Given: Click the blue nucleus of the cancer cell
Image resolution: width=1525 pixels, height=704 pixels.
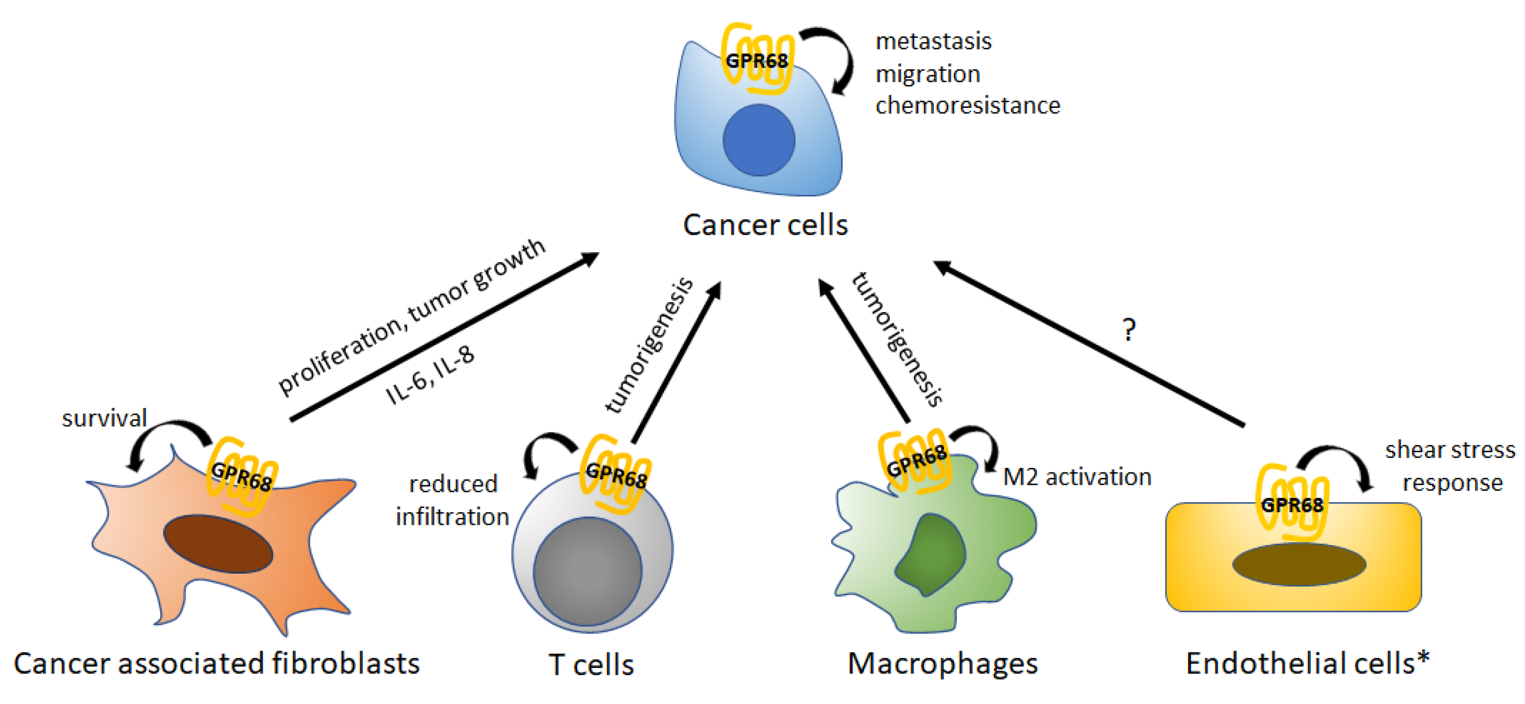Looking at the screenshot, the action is (758, 140).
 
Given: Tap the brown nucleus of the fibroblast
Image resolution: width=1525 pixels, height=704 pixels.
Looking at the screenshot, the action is (218, 544).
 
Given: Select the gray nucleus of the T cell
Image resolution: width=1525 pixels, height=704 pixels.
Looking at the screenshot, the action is (587, 571).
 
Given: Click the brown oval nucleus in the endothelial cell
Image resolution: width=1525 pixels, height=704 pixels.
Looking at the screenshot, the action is (1299, 564).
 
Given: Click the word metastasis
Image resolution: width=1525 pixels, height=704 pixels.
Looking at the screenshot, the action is (933, 41).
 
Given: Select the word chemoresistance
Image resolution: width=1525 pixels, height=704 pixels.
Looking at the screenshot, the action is (968, 105).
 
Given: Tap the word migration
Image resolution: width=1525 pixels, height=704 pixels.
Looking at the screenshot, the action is (927, 74).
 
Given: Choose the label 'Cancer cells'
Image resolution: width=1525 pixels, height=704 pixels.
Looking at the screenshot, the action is (765, 225).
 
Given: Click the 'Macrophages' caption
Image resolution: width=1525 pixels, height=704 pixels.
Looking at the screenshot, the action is (942, 664).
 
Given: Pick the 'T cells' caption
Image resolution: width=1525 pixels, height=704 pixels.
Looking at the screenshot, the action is (591, 665).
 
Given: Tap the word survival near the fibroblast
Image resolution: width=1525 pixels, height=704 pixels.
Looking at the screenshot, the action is (104, 418).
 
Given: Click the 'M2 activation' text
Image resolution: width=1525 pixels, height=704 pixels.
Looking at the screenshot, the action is (1077, 477).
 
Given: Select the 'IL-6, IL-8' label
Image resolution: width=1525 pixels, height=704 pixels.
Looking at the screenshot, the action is (430, 375).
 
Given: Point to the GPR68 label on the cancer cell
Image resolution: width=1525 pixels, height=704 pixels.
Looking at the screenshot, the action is (757, 60).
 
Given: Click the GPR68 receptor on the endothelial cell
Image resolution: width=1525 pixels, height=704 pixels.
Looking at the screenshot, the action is (1292, 503).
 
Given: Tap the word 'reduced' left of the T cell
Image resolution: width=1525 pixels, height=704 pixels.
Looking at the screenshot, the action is (453, 484).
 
